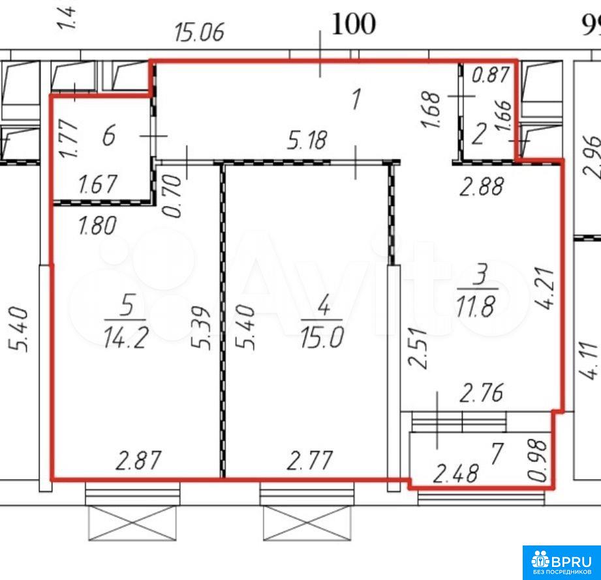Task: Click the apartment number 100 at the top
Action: tap(354, 24)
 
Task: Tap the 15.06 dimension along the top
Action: tap(199, 32)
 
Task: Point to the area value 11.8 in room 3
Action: tap(476, 307)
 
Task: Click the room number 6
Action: tap(109, 136)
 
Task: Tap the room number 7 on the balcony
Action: tap(497, 454)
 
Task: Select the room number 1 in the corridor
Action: tap(356, 99)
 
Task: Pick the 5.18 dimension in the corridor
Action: tap(307, 140)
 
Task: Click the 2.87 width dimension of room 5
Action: tap(138, 461)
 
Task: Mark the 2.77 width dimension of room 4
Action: tap(310, 461)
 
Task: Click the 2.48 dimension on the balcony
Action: tap(455, 474)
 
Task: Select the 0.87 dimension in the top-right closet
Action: tap(491, 75)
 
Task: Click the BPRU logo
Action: tap(562, 562)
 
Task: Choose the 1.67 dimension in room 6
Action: tap(97, 184)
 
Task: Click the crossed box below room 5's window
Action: tap(132, 523)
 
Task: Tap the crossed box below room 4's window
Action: tap(307, 523)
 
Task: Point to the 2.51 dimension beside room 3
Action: tap(418, 347)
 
